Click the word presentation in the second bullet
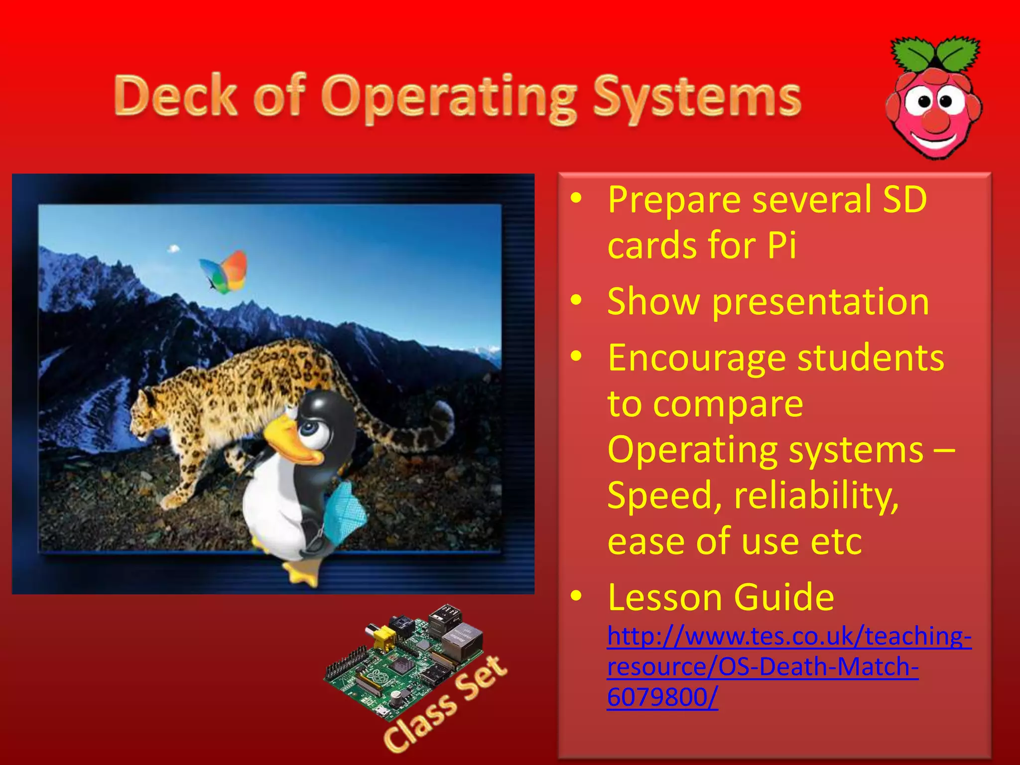(x=820, y=302)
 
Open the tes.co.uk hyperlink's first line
(x=789, y=637)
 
